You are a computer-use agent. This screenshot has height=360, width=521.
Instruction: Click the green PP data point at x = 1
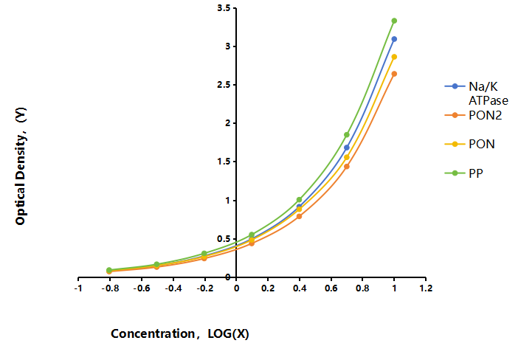pos(394,21)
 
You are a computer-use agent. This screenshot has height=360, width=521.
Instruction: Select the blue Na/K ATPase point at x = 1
pos(394,39)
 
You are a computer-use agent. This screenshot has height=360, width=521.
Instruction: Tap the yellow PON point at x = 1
pos(394,57)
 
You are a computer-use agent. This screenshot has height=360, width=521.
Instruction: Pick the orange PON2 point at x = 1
pos(394,74)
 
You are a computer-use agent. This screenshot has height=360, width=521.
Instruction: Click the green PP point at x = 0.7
pos(347,135)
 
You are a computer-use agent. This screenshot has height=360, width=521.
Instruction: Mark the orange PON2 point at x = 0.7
pos(347,167)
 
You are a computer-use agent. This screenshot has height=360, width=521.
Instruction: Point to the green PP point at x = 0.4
pos(299,200)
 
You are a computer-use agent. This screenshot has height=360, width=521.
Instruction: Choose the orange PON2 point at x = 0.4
pos(299,216)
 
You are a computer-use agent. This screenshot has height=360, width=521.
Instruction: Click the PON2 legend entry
pos(473,115)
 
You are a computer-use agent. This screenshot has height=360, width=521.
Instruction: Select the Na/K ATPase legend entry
pos(476,94)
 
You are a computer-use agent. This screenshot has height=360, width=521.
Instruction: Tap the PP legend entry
pos(464,173)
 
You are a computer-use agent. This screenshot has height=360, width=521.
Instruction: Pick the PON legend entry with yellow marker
pos(469,144)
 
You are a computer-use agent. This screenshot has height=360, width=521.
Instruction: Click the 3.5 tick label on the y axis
pos(224,8)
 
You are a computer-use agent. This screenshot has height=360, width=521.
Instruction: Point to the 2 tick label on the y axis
pos(228,123)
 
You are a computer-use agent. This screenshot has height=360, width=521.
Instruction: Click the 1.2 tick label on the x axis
pos(426,288)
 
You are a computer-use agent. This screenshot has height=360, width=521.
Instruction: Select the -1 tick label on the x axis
pos(78,288)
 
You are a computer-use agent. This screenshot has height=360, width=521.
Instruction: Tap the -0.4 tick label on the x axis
pos(173,288)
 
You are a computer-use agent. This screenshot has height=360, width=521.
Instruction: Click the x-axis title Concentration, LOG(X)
pos(180,333)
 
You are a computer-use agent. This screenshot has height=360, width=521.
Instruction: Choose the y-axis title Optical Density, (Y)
pos(21,166)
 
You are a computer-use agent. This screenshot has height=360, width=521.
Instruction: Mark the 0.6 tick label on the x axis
pos(331,288)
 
